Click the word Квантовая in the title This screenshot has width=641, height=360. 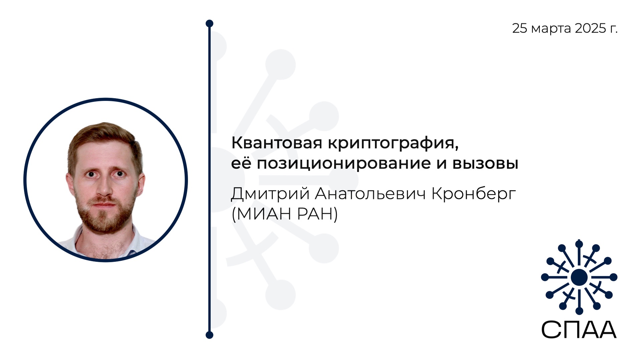[x=277, y=143]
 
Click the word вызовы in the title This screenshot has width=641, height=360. [x=485, y=164]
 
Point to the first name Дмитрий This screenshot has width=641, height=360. [x=270, y=194]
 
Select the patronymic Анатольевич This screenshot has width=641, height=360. [x=370, y=194]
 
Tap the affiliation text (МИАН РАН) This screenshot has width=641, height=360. [x=284, y=214]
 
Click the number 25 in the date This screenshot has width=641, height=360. [x=520, y=28]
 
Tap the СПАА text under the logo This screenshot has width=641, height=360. [x=579, y=330]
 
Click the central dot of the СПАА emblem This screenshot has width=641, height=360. [x=579, y=277]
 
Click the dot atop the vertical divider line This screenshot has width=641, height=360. [x=209, y=23]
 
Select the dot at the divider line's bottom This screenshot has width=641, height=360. [x=209, y=335]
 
